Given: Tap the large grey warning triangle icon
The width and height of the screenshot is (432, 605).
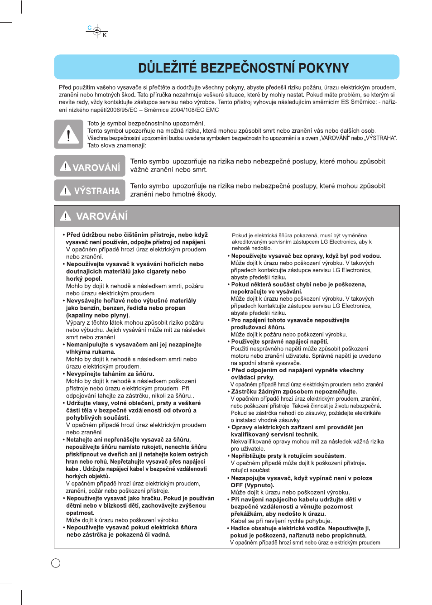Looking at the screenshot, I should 68,134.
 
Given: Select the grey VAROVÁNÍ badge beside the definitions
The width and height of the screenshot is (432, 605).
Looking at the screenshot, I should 90,166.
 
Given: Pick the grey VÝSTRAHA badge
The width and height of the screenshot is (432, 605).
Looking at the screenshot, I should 90,191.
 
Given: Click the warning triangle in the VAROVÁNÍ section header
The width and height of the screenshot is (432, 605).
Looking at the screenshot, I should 66,216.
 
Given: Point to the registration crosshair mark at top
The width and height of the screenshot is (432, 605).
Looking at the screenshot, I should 97,31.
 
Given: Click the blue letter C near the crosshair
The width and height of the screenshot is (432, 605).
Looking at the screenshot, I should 90,28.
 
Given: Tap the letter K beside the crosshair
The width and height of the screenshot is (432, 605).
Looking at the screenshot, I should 105,35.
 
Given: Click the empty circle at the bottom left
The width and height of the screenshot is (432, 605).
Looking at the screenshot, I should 56,563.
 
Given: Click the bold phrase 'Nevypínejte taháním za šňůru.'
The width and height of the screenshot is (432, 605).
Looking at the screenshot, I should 110,374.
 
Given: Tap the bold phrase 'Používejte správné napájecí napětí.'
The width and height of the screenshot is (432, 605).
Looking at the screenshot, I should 280,341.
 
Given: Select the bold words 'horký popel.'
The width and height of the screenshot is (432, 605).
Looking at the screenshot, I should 84,278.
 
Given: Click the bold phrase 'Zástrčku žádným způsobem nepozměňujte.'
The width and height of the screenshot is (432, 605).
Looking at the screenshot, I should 294,391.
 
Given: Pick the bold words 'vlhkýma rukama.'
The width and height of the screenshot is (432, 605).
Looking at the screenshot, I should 90,351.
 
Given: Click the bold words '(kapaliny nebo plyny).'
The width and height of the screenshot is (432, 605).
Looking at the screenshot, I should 97,315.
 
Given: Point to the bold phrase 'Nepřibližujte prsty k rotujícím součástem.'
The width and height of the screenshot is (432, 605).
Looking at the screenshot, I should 288,456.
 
